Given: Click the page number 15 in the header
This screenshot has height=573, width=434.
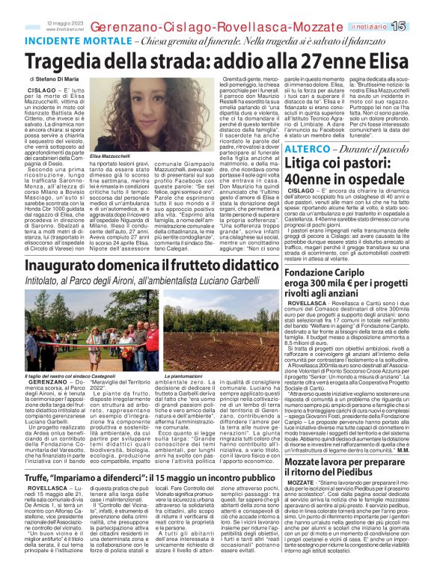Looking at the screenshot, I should click(418, 27).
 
